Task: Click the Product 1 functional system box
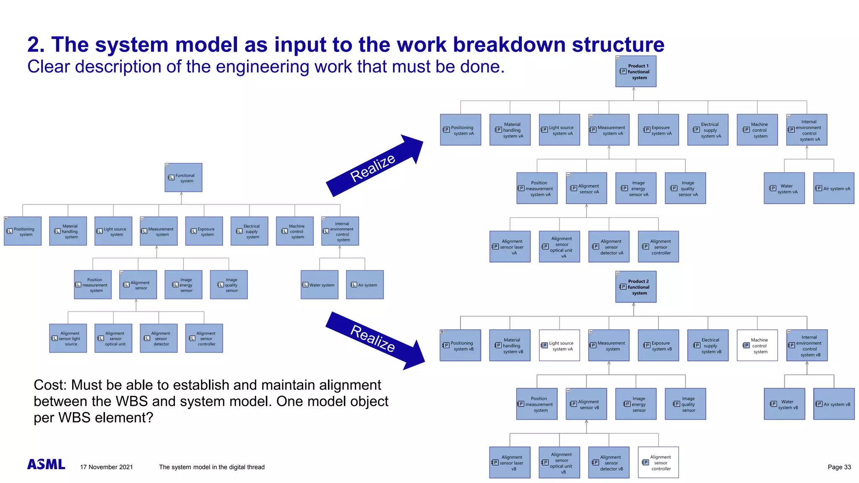(635, 72)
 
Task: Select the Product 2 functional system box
(635, 287)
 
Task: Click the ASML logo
(46, 464)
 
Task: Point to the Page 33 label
(839, 467)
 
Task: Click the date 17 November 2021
(107, 467)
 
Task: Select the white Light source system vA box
(559, 345)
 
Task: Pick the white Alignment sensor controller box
(658, 462)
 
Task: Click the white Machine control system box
(757, 345)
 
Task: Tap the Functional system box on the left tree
(183, 178)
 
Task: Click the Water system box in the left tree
(319, 285)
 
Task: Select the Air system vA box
(833, 188)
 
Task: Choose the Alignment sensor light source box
(68, 338)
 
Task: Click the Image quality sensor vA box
(685, 188)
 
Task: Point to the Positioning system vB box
(460, 345)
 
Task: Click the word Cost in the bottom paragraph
(49, 385)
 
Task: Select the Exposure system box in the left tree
(204, 231)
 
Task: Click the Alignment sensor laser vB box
(510, 462)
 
